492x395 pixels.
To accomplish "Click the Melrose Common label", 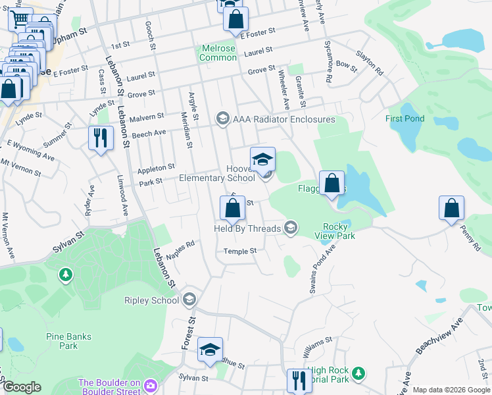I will click(x=218, y=53).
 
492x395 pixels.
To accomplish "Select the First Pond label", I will click(x=405, y=118).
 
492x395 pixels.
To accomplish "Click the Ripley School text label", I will click(x=151, y=300).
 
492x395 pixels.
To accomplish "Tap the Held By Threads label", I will click(x=247, y=228).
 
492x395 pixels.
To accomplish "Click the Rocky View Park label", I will click(x=335, y=231).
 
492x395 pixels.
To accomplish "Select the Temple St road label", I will click(x=239, y=251).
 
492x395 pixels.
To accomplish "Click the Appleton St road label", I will click(x=156, y=168).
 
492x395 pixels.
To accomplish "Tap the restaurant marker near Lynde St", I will click(x=101, y=138).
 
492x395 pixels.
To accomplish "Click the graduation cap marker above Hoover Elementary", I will click(x=262, y=159).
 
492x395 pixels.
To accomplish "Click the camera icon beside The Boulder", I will click(x=150, y=384).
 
